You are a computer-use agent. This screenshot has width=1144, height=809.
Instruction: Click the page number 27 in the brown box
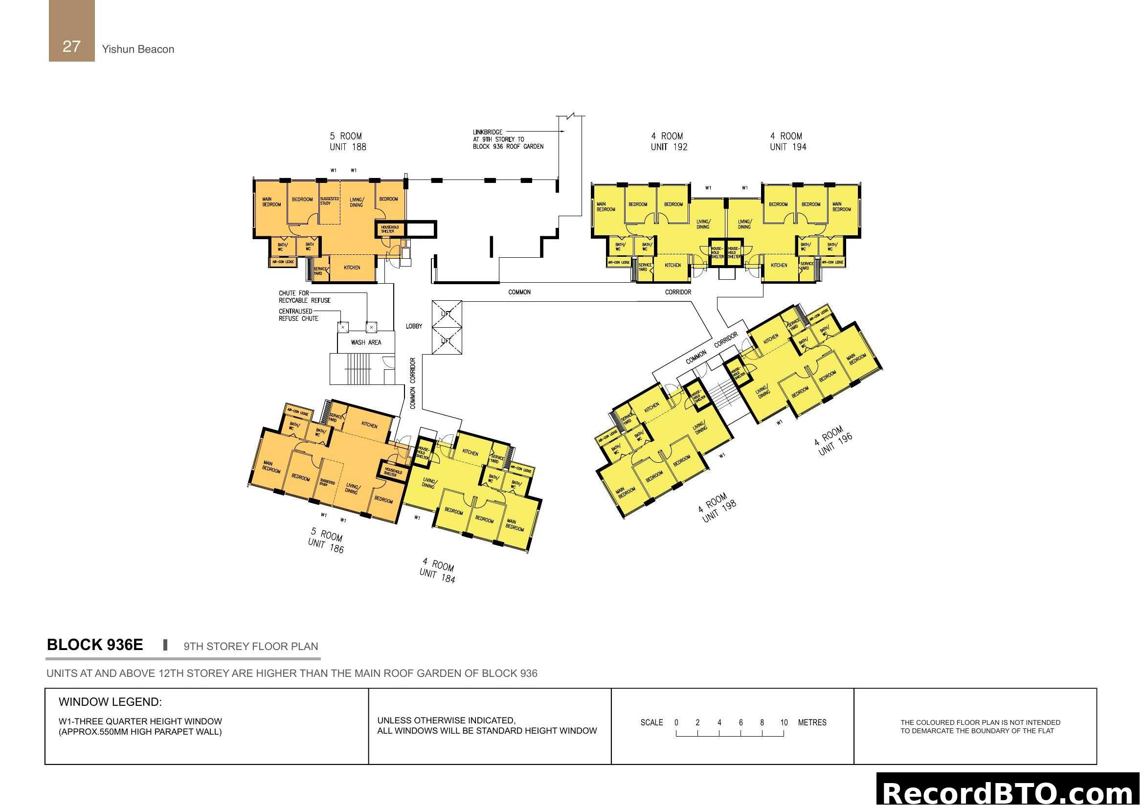tap(71, 46)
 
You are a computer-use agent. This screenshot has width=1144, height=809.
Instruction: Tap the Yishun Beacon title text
tap(138, 49)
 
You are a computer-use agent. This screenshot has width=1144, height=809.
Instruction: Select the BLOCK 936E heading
tap(95, 645)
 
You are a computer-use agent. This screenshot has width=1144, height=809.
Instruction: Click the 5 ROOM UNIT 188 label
tap(347, 141)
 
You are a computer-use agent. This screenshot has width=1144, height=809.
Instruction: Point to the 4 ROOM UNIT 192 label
tap(669, 141)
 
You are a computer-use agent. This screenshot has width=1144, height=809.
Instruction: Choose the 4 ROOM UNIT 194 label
tap(788, 141)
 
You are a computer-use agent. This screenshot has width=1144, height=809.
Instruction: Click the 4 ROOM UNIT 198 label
tap(718, 508)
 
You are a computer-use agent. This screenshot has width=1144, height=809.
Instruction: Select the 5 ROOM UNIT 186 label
tap(326, 540)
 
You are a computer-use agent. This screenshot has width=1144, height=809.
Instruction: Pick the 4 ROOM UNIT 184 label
tap(438, 570)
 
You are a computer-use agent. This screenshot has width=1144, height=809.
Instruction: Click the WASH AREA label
tap(366, 343)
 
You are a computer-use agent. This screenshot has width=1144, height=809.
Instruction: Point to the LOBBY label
tap(414, 326)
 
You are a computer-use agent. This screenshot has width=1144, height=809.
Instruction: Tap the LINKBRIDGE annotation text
tap(508, 139)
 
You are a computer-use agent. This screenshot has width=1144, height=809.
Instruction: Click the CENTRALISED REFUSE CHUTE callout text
tap(298, 315)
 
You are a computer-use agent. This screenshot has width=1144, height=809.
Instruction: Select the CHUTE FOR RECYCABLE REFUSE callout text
tap(304, 297)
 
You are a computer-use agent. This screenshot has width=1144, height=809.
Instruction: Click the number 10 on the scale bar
tap(784, 722)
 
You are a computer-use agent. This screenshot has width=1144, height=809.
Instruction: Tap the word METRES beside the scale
tap(812, 722)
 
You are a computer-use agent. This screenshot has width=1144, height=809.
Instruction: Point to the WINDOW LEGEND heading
tap(110, 702)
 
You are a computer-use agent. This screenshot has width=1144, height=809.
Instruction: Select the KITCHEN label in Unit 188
tap(352, 268)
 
